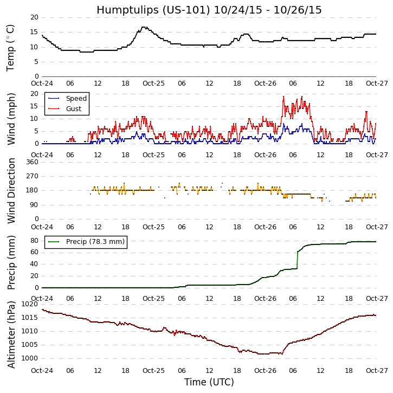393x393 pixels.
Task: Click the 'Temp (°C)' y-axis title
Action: coord(11,47)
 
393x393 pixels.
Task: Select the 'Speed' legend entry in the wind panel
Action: coord(76,99)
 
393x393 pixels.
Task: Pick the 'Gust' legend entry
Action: coord(73,109)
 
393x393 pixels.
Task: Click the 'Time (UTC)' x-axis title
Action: coord(209,382)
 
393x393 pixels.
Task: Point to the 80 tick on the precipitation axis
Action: coord(34,240)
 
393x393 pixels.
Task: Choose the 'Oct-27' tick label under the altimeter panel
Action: coord(376,370)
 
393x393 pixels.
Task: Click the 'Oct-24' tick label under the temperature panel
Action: coord(42,84)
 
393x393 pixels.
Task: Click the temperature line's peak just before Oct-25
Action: coord(144,27)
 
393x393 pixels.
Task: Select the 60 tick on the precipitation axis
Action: coord(34,252)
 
